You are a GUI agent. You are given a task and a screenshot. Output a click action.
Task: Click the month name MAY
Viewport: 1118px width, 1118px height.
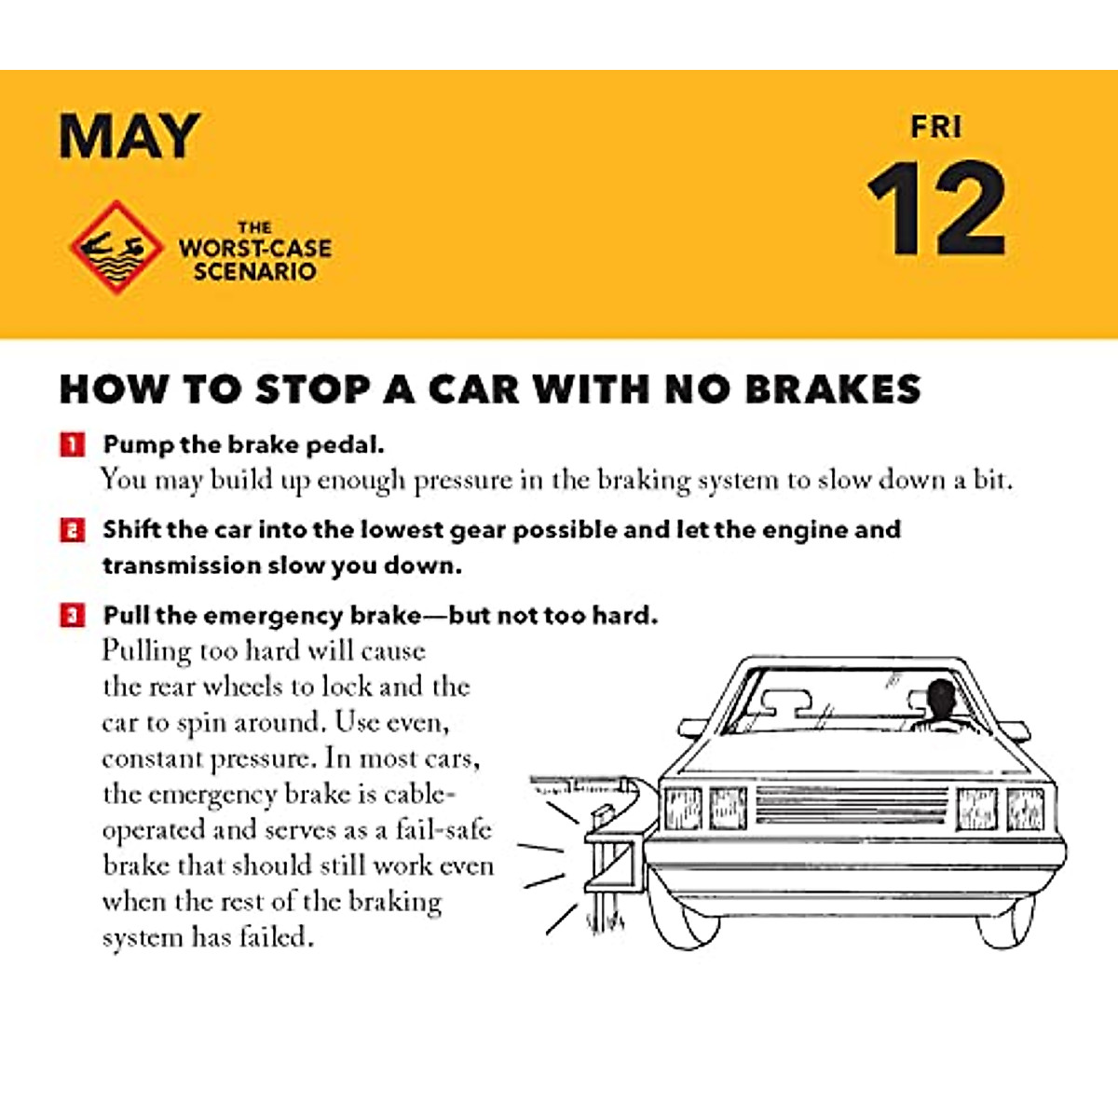(130, 136)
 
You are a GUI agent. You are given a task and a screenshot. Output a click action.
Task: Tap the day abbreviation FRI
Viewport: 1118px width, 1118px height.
(935, 127)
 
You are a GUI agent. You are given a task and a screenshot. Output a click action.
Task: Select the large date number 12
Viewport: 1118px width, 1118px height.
(936, 210)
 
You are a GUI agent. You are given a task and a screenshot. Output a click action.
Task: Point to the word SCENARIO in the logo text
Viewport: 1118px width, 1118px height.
(254, 272)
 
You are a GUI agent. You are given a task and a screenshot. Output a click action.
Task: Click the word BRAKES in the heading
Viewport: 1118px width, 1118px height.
(834, 389)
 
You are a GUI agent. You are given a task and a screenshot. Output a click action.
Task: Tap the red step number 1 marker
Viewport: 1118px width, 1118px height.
(73, 444)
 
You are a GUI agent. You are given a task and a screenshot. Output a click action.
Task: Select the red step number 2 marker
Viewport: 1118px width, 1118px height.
(73, 530)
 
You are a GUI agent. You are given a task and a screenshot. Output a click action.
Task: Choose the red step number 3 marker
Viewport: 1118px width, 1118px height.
(73, 616)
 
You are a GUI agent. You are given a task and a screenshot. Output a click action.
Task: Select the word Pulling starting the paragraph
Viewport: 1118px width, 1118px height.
(146, 650)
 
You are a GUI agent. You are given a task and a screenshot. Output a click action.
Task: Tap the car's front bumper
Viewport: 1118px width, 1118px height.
(852, 866)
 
